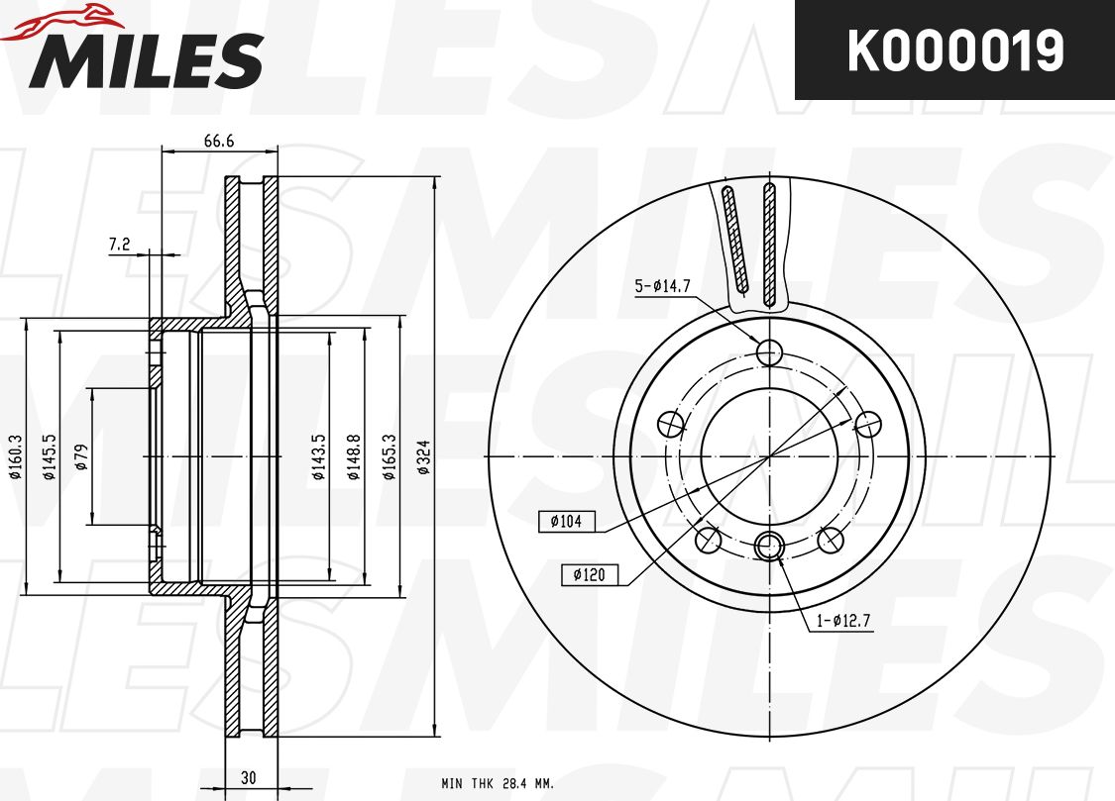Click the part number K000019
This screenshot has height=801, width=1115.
tap(955, 50)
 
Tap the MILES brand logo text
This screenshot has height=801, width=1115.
tap(146, 60)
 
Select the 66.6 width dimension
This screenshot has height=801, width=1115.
tap(219, 141)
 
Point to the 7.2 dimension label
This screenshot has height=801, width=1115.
tap(120, 245)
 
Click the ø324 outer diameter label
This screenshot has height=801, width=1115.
tap(424, 457)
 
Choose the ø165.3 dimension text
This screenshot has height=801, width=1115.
tap(389, 457)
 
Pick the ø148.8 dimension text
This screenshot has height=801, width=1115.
tap(354, 457)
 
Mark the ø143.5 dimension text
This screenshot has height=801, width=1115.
tap(319, 457)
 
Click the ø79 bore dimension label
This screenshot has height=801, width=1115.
tap(81, 457)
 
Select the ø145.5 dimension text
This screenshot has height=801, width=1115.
tap(49, 457)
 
